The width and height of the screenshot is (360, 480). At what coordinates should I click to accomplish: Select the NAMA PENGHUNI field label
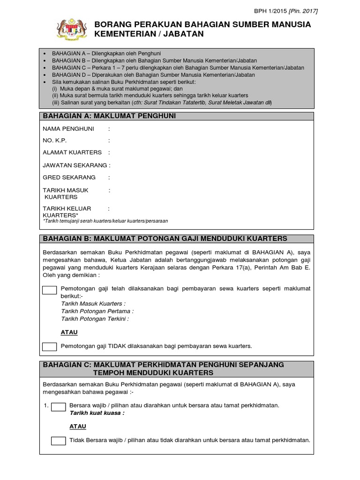point(68,128)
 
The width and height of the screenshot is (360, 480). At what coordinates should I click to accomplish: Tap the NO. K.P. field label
point(55,140)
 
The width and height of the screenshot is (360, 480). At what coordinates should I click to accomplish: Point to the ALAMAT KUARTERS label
point(72,152)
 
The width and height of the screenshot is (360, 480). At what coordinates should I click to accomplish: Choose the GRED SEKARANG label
point(69,177)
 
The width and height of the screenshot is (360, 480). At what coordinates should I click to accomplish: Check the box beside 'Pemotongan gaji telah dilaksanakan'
point(49,290)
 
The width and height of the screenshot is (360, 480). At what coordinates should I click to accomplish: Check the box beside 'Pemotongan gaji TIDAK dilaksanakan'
point(49,346)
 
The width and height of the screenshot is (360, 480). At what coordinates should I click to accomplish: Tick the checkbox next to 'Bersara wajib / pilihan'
point(58,406)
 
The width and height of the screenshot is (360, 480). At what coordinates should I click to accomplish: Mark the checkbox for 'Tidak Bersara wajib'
point(58,441)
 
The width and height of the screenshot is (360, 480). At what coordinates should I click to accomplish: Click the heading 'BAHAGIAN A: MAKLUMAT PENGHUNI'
point(109,116)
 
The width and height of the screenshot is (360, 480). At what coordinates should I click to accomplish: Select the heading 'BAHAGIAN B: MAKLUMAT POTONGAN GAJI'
point(165,239)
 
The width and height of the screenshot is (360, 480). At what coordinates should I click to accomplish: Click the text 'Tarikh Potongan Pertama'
point(97,311)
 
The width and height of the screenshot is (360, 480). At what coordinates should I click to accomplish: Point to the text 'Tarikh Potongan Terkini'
point(95,318)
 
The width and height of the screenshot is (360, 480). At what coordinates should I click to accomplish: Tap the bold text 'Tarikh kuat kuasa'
point(97,413)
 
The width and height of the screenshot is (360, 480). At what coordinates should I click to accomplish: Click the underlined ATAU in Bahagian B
point(69,332)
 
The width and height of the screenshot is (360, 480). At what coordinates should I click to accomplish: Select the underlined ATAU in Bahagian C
point(78,427)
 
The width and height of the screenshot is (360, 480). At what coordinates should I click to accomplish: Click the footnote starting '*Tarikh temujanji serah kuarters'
point(105,220)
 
